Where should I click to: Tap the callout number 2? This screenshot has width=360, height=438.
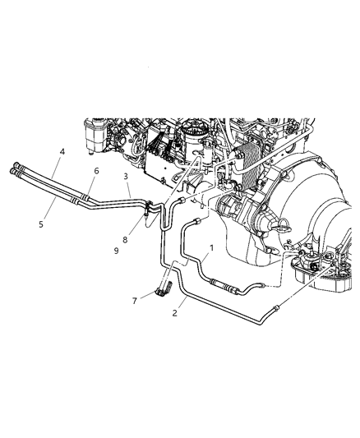coord(175,312)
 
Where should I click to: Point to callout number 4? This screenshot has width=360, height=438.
coord(61,152)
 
